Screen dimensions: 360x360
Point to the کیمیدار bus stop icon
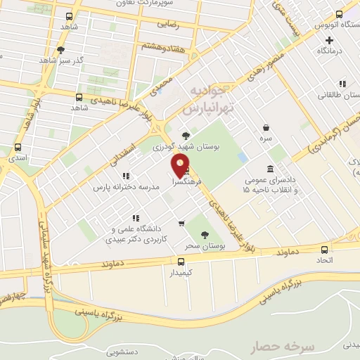(x=181, y=261)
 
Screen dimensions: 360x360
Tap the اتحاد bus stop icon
(x=324, y=250)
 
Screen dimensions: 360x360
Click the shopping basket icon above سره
(x=266, y=128)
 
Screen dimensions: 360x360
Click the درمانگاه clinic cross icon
(x=329, y=40)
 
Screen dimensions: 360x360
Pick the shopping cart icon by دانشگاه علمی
(x=181, y=224)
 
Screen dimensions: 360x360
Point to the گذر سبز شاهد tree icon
(x=61, y=49)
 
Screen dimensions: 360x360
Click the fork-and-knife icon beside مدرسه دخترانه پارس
(x=125, y=176)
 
